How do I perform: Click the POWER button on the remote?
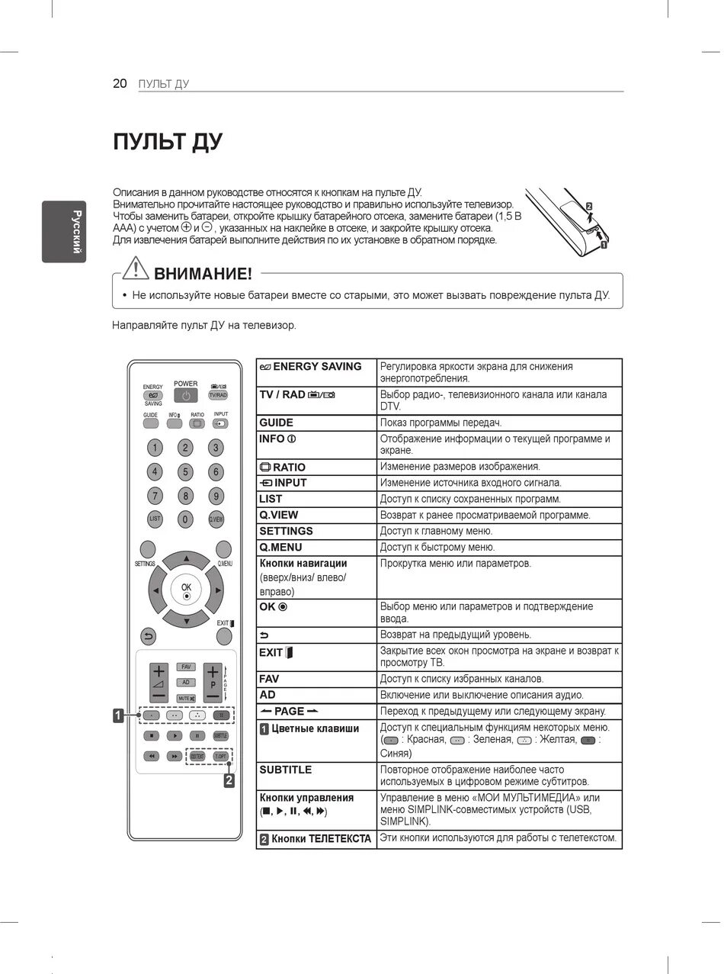click(185, 395)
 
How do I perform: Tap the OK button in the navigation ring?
click(186, 590)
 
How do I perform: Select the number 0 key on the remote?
click(185, 519)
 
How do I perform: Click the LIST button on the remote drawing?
click(155, 519)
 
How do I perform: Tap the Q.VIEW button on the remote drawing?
click(216, 519)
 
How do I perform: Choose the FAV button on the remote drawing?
click(186, 667)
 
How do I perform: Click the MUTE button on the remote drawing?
click(186, 698)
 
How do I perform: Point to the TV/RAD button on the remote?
click(218, 395)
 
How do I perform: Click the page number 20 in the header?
click(120, 84)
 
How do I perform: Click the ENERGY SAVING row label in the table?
click(310, 367)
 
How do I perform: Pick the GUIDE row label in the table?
click(276, 423)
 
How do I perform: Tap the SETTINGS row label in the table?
click(286, 531)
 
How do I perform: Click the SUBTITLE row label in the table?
click(285, 770)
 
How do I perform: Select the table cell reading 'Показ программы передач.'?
click(440, 423)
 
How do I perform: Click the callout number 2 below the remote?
click(229, 780)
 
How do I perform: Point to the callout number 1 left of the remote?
click(118, 715)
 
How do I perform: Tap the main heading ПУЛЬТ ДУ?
click(168, 142)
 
